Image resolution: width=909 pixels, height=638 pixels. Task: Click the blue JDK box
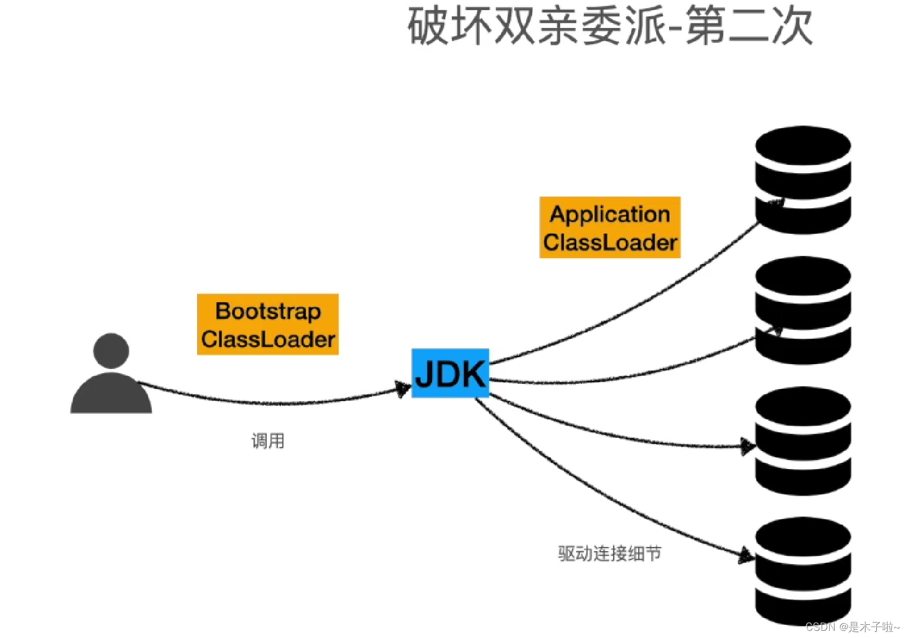point(450,373)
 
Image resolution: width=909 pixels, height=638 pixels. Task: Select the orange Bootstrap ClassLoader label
point(268,324)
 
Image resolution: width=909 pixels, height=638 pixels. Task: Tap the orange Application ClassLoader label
point(610,227)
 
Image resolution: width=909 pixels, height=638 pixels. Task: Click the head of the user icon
point(111,351)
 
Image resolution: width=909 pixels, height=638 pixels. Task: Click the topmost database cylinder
point(802,180)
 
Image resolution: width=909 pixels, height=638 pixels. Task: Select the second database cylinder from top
point(802,310)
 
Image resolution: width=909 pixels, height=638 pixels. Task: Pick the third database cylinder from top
point(802,441)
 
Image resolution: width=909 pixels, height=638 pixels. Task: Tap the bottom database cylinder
point(802,571)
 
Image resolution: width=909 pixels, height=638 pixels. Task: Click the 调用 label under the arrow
point(268,441)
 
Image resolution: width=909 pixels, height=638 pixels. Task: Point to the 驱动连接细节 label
point(610,553)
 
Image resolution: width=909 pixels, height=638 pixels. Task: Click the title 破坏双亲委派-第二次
point(610,26)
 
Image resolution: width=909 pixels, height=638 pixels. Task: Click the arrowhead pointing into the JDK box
point(404,389)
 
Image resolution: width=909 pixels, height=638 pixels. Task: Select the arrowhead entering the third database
point(748,446)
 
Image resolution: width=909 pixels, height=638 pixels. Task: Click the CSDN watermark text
point(852,627)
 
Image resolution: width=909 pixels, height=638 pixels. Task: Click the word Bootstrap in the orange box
point(268,311)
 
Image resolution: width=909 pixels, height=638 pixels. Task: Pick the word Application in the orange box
point(610,214)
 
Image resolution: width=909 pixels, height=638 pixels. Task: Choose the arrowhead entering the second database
point(775,330)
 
